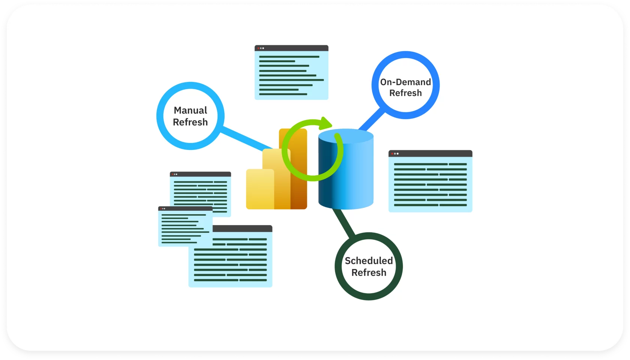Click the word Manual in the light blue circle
(190, 110)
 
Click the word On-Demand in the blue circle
(406, 82)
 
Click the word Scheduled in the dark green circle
(369, 261)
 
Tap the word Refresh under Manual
(190, 122)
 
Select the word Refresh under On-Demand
(406, 93)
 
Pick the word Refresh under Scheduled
(369, 273)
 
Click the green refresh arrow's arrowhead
(326, 123)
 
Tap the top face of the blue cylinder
(346, 136)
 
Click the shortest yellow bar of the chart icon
(260, 189)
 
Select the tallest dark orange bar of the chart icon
(298, 169)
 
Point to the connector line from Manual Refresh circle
(246, 138)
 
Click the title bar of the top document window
(291, 48)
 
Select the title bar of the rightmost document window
(430, 154)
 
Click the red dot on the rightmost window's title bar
(392, 154)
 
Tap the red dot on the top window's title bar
(258, 48)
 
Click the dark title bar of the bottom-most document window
(242, 228)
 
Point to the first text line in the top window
(289, 57)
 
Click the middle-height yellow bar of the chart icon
(276, 179)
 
